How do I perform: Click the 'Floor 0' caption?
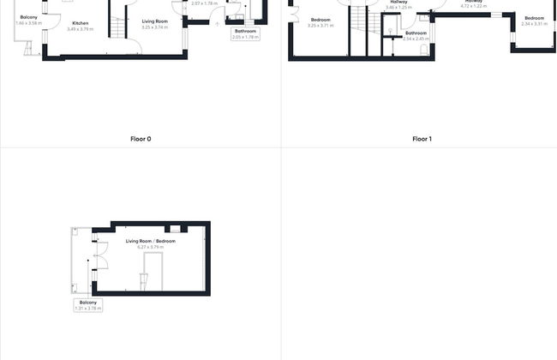[141, 139]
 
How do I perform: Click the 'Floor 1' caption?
[420, 139]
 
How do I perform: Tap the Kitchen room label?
[80, 23]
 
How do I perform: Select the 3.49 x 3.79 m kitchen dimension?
[80, 29]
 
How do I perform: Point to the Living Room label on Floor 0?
[154, 21]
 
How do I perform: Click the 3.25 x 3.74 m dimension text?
[154, 27]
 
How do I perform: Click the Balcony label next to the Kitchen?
[28, 17]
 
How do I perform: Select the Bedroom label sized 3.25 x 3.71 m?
[320, 20]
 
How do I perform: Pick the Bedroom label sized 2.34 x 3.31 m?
[534, 18]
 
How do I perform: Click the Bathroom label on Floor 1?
[416, 33]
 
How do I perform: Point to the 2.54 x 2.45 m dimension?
[416, 39]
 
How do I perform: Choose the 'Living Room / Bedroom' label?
[151, 241]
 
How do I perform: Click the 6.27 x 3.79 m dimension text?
[151, 247]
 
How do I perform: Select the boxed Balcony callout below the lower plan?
[88, 304]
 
